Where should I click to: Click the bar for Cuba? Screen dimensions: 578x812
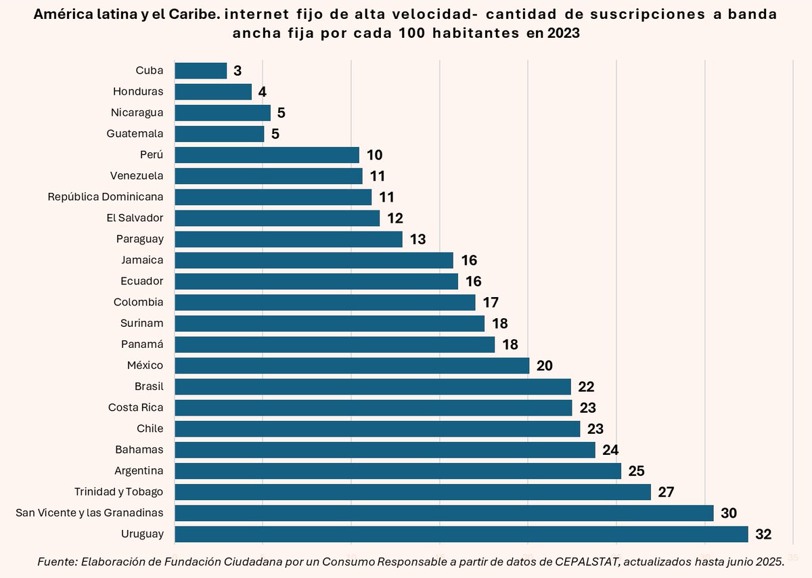(200, 70)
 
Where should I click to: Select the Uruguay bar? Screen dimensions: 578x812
(461, 534)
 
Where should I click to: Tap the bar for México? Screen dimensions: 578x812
(352, 365)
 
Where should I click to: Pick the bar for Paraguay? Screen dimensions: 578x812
(288, 239)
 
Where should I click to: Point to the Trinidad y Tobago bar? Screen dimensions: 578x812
(413, 492)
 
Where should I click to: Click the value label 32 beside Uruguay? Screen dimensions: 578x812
(763, 535)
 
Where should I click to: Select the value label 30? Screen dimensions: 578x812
(729, 514)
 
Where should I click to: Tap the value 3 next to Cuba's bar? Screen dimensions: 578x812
(238, 71)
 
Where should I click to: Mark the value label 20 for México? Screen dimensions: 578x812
(545, 366)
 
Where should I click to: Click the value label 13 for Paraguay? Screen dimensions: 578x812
(418, 240)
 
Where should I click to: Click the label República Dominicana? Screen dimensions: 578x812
(106, 197)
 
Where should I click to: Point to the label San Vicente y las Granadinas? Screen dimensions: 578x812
(89, 513)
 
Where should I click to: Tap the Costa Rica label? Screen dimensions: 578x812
(135, 407)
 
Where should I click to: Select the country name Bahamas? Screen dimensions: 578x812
(141, 449)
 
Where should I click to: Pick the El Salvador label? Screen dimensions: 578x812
(135, 218)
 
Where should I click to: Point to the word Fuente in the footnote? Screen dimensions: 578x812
(56, 561)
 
